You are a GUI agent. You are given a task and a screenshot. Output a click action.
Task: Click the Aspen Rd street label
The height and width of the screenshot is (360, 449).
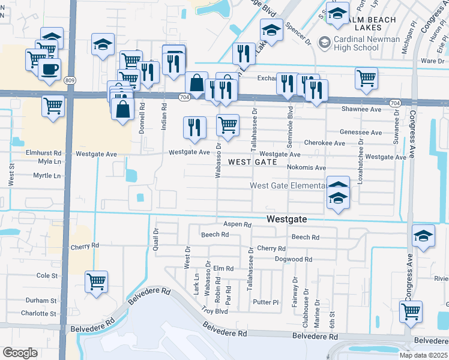237,224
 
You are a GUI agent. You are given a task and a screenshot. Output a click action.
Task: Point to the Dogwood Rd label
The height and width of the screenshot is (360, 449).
294,259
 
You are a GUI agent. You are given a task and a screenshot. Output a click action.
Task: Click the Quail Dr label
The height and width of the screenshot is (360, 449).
155,239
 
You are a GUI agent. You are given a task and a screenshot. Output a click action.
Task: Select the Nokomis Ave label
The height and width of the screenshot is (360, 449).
306,167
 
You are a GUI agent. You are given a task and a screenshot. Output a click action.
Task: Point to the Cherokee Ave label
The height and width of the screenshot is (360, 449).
325,143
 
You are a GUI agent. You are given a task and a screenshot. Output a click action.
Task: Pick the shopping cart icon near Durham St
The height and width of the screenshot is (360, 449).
96,281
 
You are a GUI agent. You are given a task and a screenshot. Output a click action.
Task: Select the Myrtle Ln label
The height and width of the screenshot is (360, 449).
47,176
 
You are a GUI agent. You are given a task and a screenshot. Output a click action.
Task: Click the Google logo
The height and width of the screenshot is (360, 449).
20,352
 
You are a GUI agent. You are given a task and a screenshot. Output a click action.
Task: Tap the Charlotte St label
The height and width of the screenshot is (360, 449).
38,313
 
